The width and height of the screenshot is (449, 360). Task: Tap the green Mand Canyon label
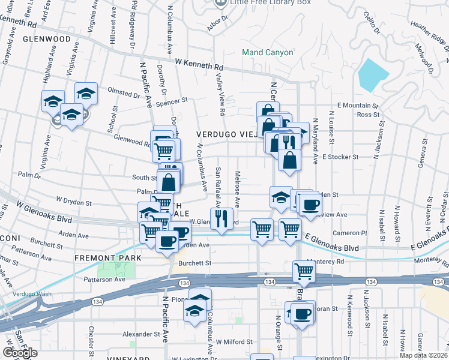(x=268, y=52)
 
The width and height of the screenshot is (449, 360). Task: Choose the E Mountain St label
(x=358, y=105)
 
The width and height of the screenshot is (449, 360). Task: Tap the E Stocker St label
(x=340, y=157)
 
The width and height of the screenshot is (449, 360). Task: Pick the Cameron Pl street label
(x=349, y=233)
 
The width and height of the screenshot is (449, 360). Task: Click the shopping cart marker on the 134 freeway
(x=304, y=271)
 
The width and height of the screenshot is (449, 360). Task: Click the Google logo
(x=20, y=353)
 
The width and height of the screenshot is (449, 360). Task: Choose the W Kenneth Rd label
(x=199, y=62)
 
